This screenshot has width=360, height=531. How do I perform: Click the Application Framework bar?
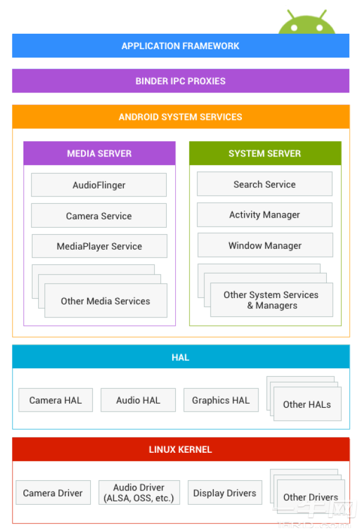[x=180, y=46]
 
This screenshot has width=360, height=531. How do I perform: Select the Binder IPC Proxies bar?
[x=180, y=81]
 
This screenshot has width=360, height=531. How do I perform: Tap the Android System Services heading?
[x=180, y=117]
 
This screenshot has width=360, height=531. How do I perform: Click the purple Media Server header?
[x=99, y=154]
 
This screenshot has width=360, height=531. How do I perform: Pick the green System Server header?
[x=265, y=154]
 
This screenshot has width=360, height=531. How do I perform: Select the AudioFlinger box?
[x=99, y=185]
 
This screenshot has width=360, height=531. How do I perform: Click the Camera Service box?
[x=99, y=216]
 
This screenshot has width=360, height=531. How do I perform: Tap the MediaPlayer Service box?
[x=99, y=246]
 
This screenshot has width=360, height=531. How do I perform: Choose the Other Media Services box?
[x=106, y=301]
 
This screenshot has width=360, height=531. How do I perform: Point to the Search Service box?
[x=264, y=184]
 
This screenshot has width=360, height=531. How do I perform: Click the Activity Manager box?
[x=264, y=215]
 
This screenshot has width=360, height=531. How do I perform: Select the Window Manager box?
[x=265, y=246]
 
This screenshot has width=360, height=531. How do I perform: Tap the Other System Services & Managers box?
[x=272, y=300]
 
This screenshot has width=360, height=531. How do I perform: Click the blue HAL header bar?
[x=180, y=357]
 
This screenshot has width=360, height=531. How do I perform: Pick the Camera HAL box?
[x=55, y=400]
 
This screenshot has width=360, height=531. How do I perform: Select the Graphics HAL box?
[x=221, y=400]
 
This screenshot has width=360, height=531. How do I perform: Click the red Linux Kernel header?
[x=180, y=449]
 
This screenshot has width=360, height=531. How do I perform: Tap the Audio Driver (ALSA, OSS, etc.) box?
[x=139, y=493]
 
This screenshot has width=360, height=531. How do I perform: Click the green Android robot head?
[x=306, y=23]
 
